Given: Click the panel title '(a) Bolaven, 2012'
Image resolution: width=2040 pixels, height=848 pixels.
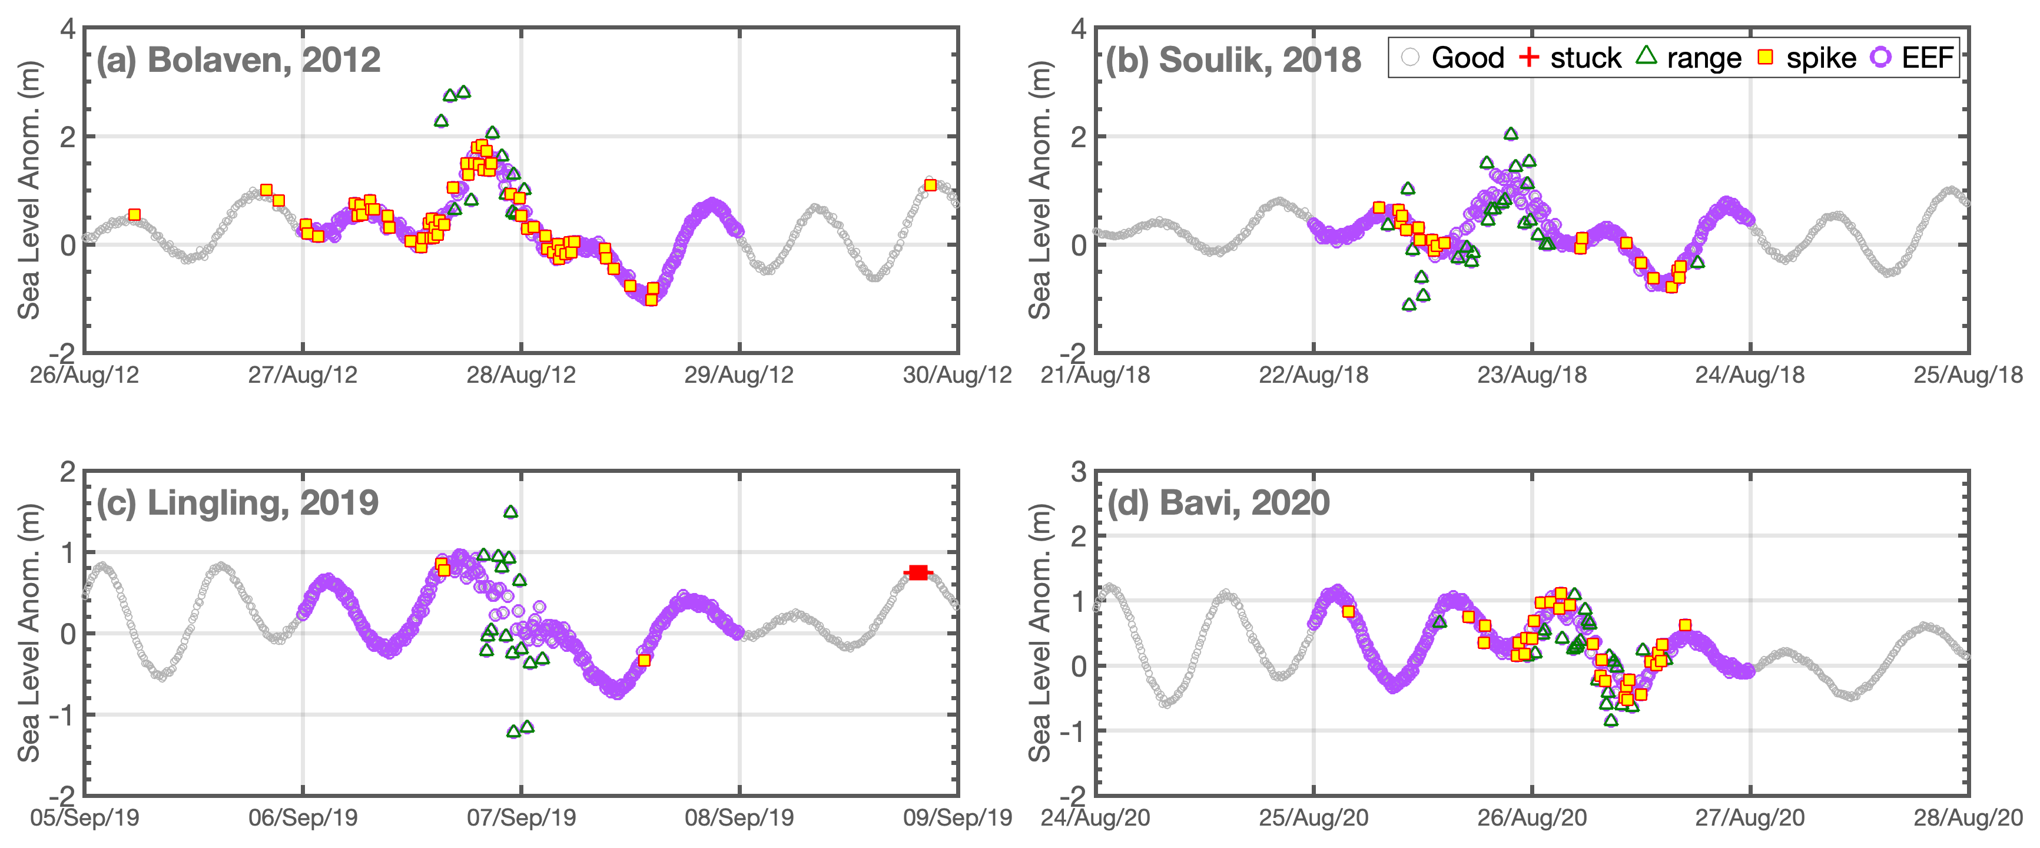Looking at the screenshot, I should [238, 60].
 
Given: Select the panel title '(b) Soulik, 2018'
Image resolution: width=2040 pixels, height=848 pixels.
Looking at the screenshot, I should [1233, 60].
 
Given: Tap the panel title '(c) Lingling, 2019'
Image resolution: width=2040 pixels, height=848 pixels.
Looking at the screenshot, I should [238, 503].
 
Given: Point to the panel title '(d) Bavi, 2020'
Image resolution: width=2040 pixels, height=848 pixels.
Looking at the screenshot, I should [1218, 503].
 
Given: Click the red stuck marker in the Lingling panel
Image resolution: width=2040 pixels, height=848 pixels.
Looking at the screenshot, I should [918, 572].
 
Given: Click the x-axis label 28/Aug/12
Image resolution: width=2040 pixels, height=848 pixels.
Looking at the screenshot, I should [521, 375].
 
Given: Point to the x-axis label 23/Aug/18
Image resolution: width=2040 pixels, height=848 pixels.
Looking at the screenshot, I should [1531, 375].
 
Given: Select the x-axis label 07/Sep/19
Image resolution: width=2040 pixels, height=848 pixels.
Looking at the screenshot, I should [521, 818].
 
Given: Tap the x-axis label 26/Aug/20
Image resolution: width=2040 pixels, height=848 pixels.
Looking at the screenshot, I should [1531, 818].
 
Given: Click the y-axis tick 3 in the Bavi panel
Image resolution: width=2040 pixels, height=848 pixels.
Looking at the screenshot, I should [1079, 473].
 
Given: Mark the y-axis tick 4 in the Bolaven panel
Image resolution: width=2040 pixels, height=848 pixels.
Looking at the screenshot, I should [68, 30].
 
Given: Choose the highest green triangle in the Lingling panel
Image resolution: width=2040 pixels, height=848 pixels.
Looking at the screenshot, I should [511, 512].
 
